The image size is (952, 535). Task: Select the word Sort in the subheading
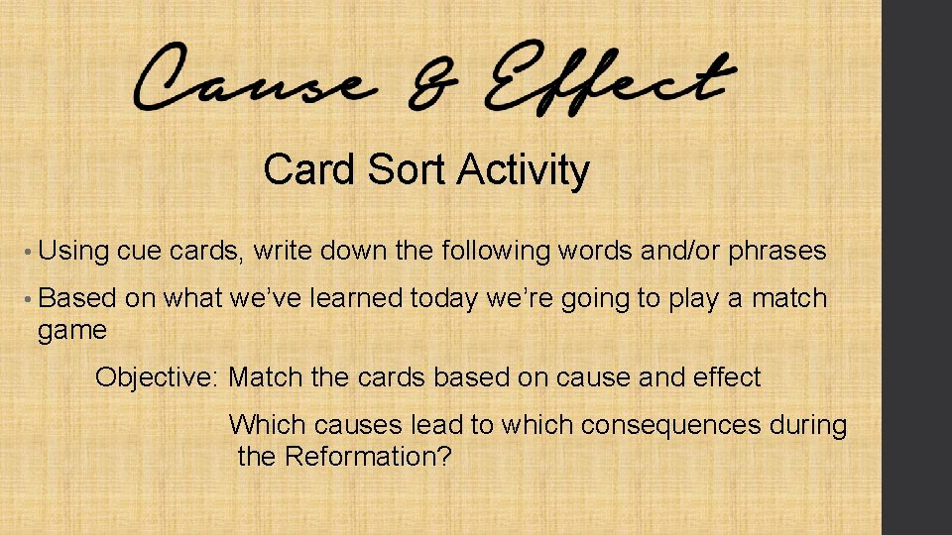(408, 170)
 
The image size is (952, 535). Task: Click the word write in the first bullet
(284, 252)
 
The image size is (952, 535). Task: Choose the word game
(72, 331)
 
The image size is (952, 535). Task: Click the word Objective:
(158, 377)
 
